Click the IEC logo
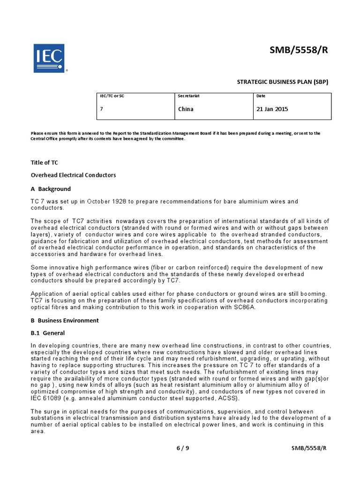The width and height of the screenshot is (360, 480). tap(49, 58)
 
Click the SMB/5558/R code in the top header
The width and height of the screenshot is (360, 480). tap(299, 51)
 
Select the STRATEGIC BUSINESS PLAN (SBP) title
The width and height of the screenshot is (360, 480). tap(283, 82)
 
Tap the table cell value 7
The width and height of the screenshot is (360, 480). tap(102, 109)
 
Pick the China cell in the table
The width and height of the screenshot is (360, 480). tap(186, 109)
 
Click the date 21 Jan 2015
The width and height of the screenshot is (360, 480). tap(272, 109)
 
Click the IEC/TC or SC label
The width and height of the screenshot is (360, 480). tap(112, 96)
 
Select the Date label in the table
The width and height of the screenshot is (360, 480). tap(261, 96)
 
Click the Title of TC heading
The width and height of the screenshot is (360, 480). tap(45, 163)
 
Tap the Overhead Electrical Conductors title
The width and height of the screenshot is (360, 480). tap(73, 175)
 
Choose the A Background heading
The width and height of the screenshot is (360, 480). tap(51, 189)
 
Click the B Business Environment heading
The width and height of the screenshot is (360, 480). tap(65, 321)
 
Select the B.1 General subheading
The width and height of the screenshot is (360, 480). tap(48, 333)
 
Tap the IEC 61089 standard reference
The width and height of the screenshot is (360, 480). tap(49, 398)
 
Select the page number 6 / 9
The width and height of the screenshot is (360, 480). tap(183, 448)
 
